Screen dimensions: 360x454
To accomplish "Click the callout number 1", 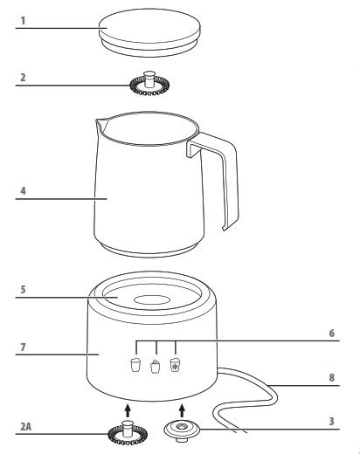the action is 23,21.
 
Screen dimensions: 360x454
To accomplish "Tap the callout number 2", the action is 23,78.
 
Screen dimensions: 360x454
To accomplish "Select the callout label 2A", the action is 25,427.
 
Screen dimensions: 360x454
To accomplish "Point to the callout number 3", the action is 331,421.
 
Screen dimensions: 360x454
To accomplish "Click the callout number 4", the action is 23,191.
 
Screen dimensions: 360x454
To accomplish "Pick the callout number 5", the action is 23,289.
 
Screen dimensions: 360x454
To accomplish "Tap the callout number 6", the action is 332,333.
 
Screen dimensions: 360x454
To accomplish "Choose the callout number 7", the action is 23,347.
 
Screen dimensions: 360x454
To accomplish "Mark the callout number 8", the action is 332,377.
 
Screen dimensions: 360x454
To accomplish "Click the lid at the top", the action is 149,32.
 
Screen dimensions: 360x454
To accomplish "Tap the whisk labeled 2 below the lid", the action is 149,83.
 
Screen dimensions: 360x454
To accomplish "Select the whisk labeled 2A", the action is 128,433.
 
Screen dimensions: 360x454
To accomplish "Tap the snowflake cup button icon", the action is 175,365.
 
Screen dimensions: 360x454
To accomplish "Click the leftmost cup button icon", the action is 135,365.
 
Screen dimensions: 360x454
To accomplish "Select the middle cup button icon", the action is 156,367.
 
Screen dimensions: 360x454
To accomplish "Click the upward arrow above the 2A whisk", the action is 128,410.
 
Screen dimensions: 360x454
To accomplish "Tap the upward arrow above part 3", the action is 182,410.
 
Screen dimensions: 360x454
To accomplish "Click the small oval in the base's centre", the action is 152,300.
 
